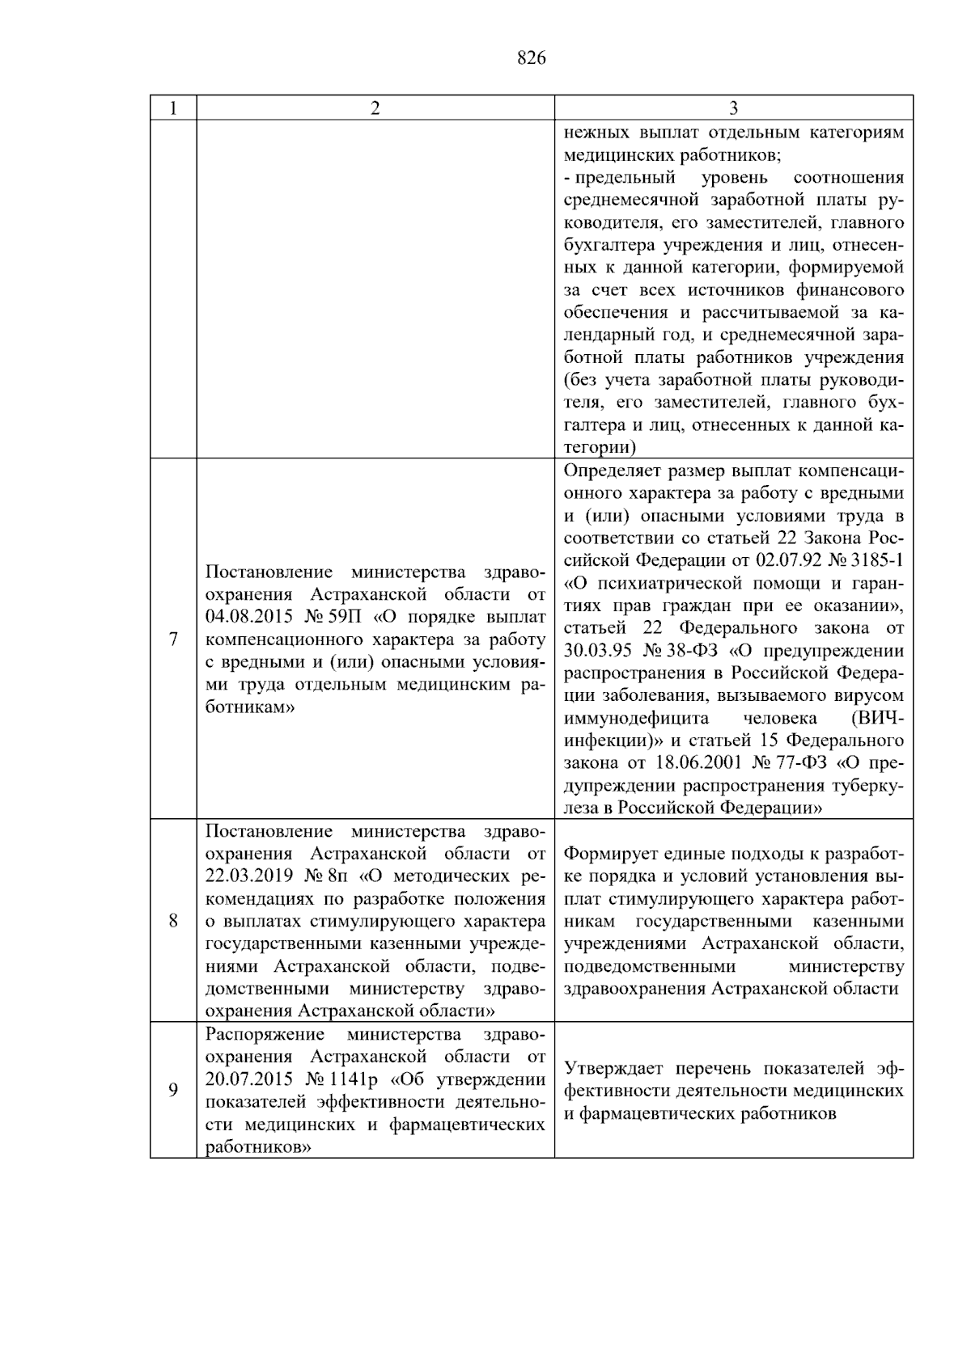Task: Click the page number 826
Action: (x=531, y=58)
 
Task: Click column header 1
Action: (x=172, y=108)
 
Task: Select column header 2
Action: (x=375, y=108)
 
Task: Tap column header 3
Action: (x=733, y=108)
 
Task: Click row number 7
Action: (x=172, y=640)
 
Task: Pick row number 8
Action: (x=172, y=921)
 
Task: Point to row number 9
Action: (x=172, y=1091)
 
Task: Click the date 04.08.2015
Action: (x=243, y=618)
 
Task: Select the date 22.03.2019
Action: (x=243, y=876)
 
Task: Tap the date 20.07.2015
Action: (x=243, y=1079)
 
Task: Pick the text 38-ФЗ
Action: (x=696, y=651)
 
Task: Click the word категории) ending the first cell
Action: (x=600, y=447)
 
